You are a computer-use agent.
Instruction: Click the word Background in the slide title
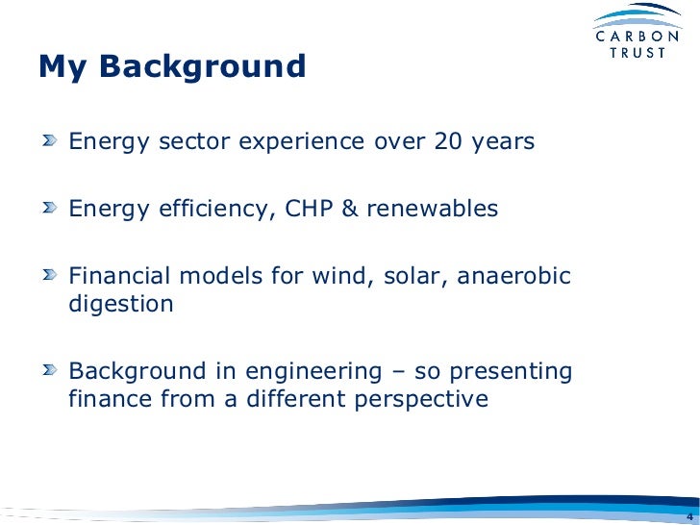pos(202,67)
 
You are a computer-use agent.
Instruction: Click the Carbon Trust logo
pos(637,31)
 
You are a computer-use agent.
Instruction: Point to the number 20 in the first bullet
pos(449,141)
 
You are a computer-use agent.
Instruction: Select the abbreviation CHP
pos(309,209)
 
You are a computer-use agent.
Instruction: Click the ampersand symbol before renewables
pos(350,209)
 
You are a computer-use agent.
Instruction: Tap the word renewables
pos(432,209)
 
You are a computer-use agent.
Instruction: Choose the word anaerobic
pos(513,275)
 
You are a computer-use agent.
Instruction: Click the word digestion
pos(121,305)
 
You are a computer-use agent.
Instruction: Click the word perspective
pos(421,400)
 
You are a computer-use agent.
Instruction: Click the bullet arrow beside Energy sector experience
pos(50,140)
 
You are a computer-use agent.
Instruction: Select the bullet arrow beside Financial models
pos(50,275)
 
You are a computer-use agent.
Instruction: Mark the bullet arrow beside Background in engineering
pos(50,369)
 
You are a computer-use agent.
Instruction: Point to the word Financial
pos(119,275)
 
